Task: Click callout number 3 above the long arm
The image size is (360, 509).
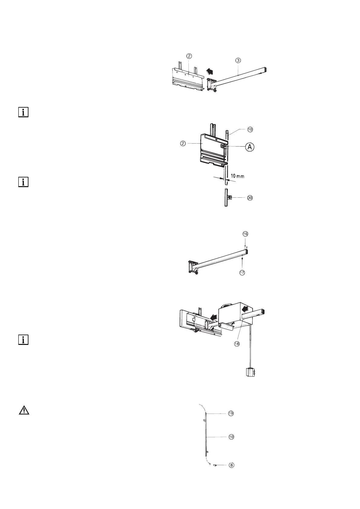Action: coord(238,60)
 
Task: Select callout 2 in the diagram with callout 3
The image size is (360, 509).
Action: coord(189,56)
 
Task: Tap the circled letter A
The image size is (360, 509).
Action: coord(250,147)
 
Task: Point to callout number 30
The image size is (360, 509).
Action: coord(250,198)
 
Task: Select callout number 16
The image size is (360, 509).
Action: coord(245,234)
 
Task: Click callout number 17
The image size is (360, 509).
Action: coord(242,273)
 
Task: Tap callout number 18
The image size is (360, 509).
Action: coord(237,344)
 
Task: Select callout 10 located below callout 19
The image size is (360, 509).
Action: coord(231,437)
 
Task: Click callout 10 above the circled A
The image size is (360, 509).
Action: coord(250,129)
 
